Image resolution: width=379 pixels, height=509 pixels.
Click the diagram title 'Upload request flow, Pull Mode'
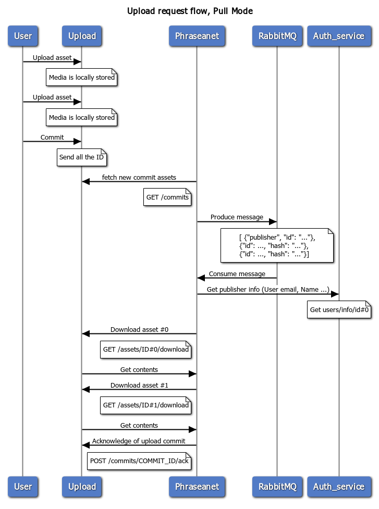tap(190, 11)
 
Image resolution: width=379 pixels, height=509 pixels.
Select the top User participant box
tap(23, 36)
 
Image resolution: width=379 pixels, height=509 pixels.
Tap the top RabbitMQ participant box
tap(277, 36)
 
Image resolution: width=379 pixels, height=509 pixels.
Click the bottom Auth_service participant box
tap(339, 487)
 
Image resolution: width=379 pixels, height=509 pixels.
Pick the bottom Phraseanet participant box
tap(197, 487)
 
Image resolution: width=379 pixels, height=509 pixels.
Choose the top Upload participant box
tap(82, 36)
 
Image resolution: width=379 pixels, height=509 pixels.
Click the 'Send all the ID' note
tap(81, 157)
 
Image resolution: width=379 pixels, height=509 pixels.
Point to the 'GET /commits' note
tap(167, 197)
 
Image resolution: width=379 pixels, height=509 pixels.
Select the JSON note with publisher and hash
tap(277, 245)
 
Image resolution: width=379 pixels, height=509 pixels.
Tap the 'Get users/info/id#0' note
tap(339, 309)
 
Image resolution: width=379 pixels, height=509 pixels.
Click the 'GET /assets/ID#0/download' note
tap(145, 350)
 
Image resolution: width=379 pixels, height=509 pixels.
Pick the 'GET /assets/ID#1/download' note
tap(145, 405)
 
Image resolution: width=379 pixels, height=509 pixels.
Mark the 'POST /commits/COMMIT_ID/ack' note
tap(139, 461)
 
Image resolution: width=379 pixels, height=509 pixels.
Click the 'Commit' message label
tap(52, 138)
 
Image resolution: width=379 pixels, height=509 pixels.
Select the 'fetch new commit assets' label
tap(139, 177)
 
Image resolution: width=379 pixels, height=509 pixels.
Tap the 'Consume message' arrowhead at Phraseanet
tap(201, 278)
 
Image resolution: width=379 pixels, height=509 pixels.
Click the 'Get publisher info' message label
tap(268, 289)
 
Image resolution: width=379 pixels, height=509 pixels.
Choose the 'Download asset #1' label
tap(139, 386)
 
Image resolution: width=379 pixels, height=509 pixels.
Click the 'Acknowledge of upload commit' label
tap(139, 441)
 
